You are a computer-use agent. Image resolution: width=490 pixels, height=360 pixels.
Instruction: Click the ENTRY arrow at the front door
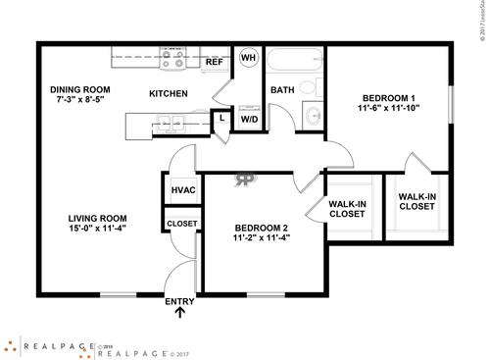click(x=179, y=313)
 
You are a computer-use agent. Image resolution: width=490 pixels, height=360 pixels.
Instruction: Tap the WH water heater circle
click(x=248, y=58)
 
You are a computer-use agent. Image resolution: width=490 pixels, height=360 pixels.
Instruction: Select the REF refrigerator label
click(x=215, y=62)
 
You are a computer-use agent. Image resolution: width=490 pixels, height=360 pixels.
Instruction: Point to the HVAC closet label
click(x=182, y=189)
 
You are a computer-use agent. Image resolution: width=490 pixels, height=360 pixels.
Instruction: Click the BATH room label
click(x=282, y=90)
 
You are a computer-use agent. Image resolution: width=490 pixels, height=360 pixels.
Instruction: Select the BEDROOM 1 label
click(x=390, y=98)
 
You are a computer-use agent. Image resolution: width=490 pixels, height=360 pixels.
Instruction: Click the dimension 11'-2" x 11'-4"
click(x=261, y=236)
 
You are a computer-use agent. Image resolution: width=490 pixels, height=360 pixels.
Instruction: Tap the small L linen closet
click(x=222, y=119)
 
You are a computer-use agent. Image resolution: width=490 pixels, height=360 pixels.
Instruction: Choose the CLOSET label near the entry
click(x=182, y=224)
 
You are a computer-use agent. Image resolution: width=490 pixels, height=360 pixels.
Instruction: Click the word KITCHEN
click(x=168, y=94)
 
